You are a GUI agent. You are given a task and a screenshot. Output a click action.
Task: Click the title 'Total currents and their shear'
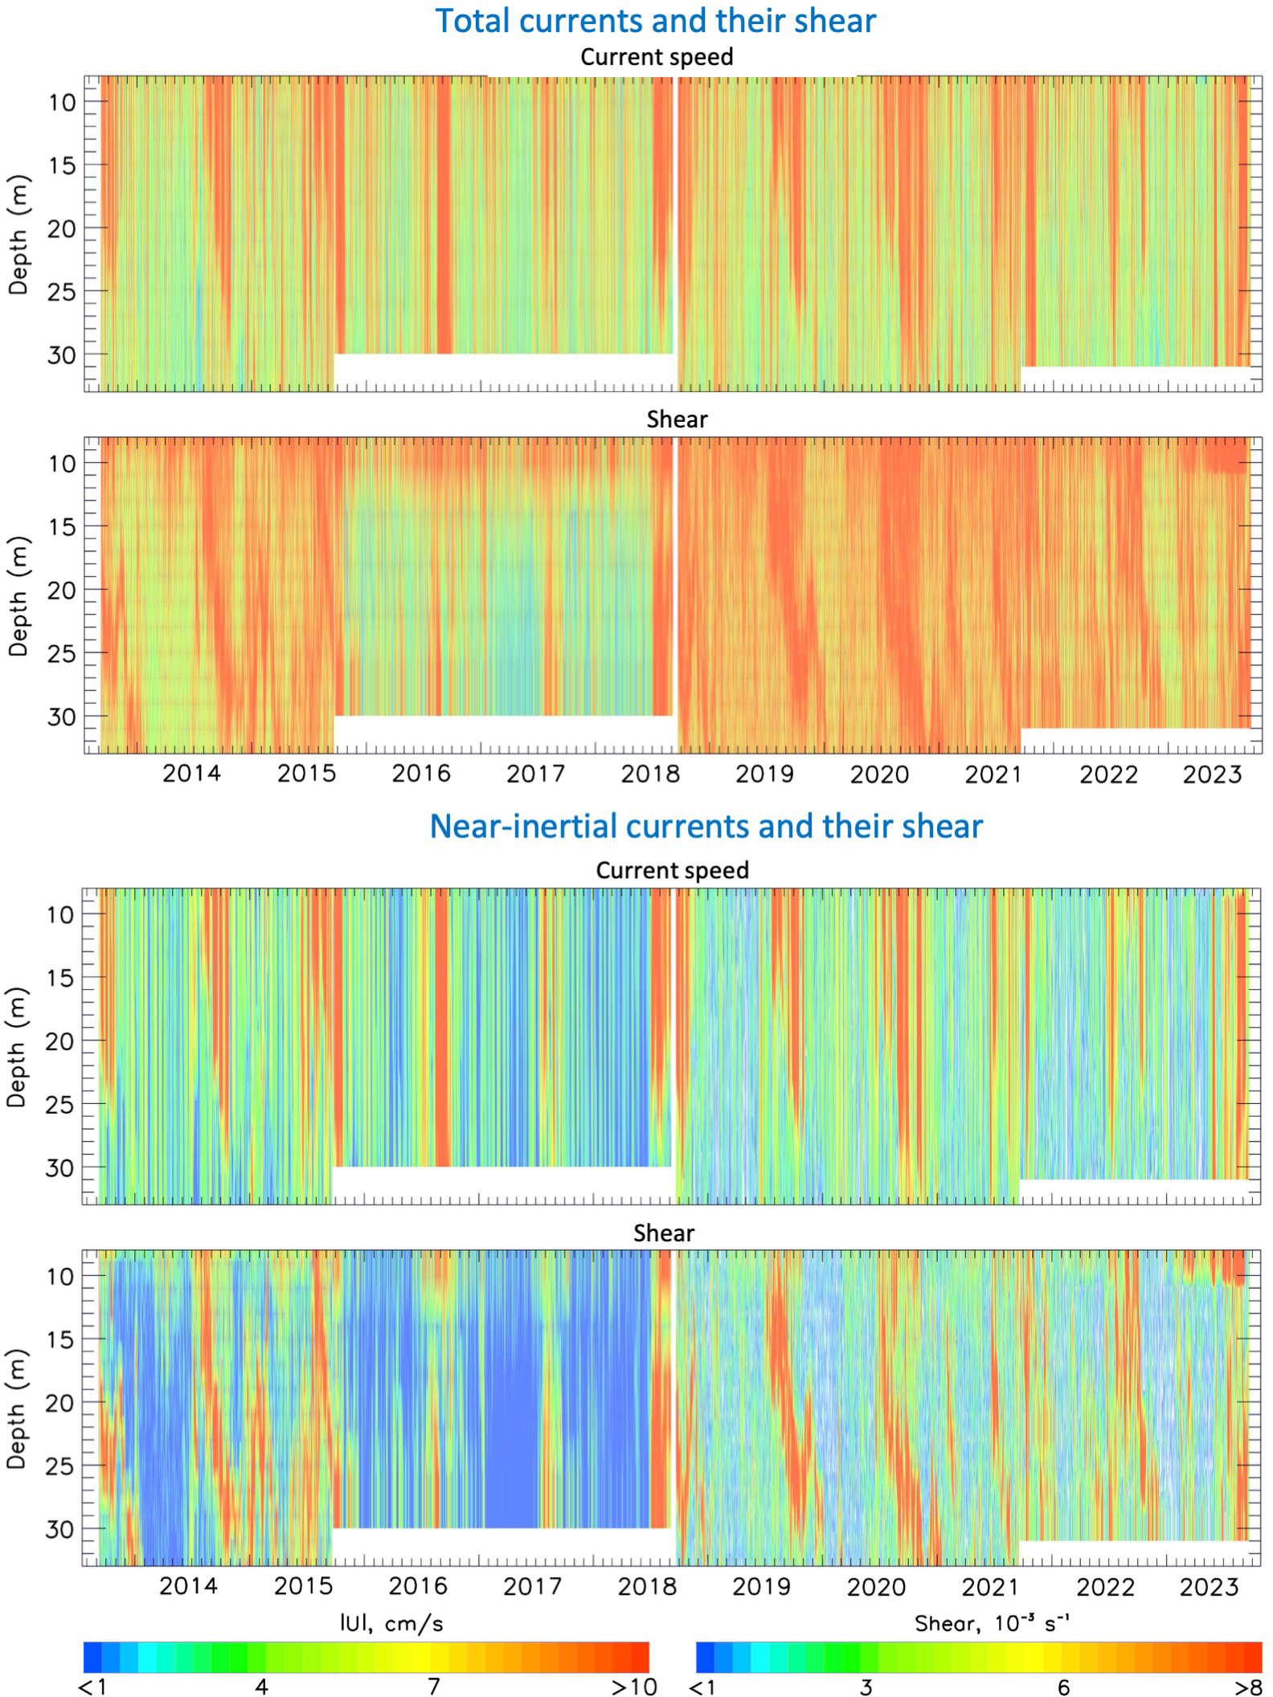655,21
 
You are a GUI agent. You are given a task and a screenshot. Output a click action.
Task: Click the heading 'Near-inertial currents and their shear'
706,826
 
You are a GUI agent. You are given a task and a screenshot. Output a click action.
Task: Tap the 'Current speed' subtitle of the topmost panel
657,57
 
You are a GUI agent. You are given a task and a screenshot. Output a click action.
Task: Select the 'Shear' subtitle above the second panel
677,419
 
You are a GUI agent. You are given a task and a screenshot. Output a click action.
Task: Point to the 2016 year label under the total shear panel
420,774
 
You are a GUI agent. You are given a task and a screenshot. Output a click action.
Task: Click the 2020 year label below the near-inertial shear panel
876,1587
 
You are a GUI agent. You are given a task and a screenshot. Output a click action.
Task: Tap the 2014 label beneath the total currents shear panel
191,774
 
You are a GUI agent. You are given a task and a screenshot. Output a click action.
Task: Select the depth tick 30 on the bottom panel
59,1529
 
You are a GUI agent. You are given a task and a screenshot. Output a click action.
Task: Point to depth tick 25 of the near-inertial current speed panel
59,1105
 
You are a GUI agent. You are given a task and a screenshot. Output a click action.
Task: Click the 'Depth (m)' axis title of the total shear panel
18,595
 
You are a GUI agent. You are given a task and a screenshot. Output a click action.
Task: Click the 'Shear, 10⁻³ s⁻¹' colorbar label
991,1624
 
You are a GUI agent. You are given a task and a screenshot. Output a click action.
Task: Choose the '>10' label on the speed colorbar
634,1686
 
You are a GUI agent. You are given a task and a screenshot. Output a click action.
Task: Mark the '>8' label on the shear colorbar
1248,1686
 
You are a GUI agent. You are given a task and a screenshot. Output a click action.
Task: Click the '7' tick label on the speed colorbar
434,1686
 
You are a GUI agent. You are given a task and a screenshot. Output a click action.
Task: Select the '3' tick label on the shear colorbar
865,1686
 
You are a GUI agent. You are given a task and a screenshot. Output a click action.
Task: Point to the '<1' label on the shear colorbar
702,1686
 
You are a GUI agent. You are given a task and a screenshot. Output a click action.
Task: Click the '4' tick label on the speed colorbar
261,1686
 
